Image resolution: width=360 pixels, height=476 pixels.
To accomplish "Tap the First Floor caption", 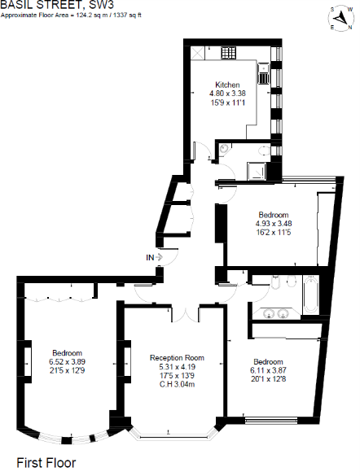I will (46, 461).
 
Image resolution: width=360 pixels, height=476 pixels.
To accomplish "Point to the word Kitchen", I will (227, 85).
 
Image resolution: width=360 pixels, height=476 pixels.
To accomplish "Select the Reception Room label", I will (177, 357).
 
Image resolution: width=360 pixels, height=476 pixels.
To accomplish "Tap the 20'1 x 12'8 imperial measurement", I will (269, 378).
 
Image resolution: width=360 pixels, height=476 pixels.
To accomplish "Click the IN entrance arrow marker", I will (152, 257).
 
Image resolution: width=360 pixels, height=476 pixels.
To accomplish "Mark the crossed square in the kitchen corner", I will (200, 53).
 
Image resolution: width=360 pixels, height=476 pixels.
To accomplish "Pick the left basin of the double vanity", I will (266, 314).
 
